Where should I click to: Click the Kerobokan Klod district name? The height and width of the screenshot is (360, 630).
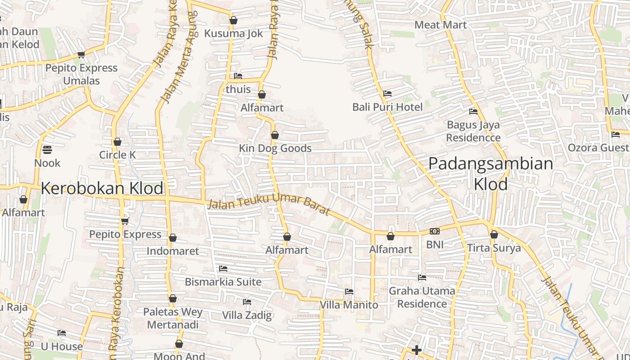tap(102, 188)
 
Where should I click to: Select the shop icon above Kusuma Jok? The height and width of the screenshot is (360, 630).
tap(234, 20)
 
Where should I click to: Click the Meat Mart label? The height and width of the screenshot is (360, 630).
tap(441, 25)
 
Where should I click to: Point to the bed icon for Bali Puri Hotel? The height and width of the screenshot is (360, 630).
tap(387, 94)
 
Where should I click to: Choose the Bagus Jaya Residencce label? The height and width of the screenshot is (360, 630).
tap(473, 131)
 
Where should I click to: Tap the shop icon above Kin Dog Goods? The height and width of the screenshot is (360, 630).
tap(275, 135)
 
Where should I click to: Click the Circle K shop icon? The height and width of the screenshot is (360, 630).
tap(117, 142)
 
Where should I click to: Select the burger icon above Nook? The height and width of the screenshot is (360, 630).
tap(47, 149)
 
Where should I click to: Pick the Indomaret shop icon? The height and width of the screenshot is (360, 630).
tap(173, 238)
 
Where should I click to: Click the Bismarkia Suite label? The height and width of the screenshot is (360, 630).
tap(223, 282)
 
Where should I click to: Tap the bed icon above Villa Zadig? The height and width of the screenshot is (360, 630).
tap(247, 301)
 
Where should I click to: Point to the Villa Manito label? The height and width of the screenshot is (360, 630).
tap(349, 305)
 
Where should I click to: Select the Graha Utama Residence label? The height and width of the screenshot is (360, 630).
tap(422, 297)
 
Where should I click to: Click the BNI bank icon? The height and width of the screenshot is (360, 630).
tap(435, 231)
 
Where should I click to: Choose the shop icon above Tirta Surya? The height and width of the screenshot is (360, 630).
tap(494, 234)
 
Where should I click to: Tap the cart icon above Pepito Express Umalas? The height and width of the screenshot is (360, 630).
tap(81, 55)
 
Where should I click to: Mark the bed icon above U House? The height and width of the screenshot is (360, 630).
tap(62, 333)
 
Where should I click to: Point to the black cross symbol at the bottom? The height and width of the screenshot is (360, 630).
tap(417, 350)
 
